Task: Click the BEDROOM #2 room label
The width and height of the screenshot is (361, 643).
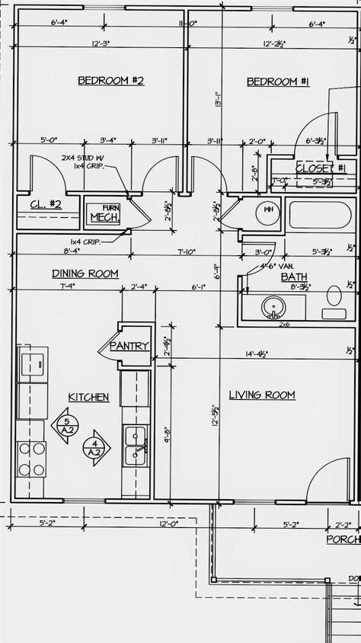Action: (x=110, y=80)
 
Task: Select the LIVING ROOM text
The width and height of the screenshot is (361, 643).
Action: (x=262, y=395)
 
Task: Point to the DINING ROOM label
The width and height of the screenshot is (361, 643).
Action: (x=85, y=274)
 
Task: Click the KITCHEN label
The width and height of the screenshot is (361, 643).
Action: (x=88, y=397)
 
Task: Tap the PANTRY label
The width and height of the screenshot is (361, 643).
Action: (x=129, y=346)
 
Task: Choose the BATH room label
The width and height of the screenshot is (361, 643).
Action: (x=294, y=277)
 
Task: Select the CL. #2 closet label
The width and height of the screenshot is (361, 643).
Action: (x=46, y=204)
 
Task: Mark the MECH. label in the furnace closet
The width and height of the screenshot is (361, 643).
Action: (x=105, y=217)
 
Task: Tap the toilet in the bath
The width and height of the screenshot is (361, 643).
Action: (x=334, y=300)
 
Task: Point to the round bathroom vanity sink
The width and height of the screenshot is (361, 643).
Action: (x=273, y=307)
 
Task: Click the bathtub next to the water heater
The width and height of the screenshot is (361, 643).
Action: (x=319, y=214)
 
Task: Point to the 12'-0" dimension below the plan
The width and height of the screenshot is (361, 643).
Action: (x=168, y=523)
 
